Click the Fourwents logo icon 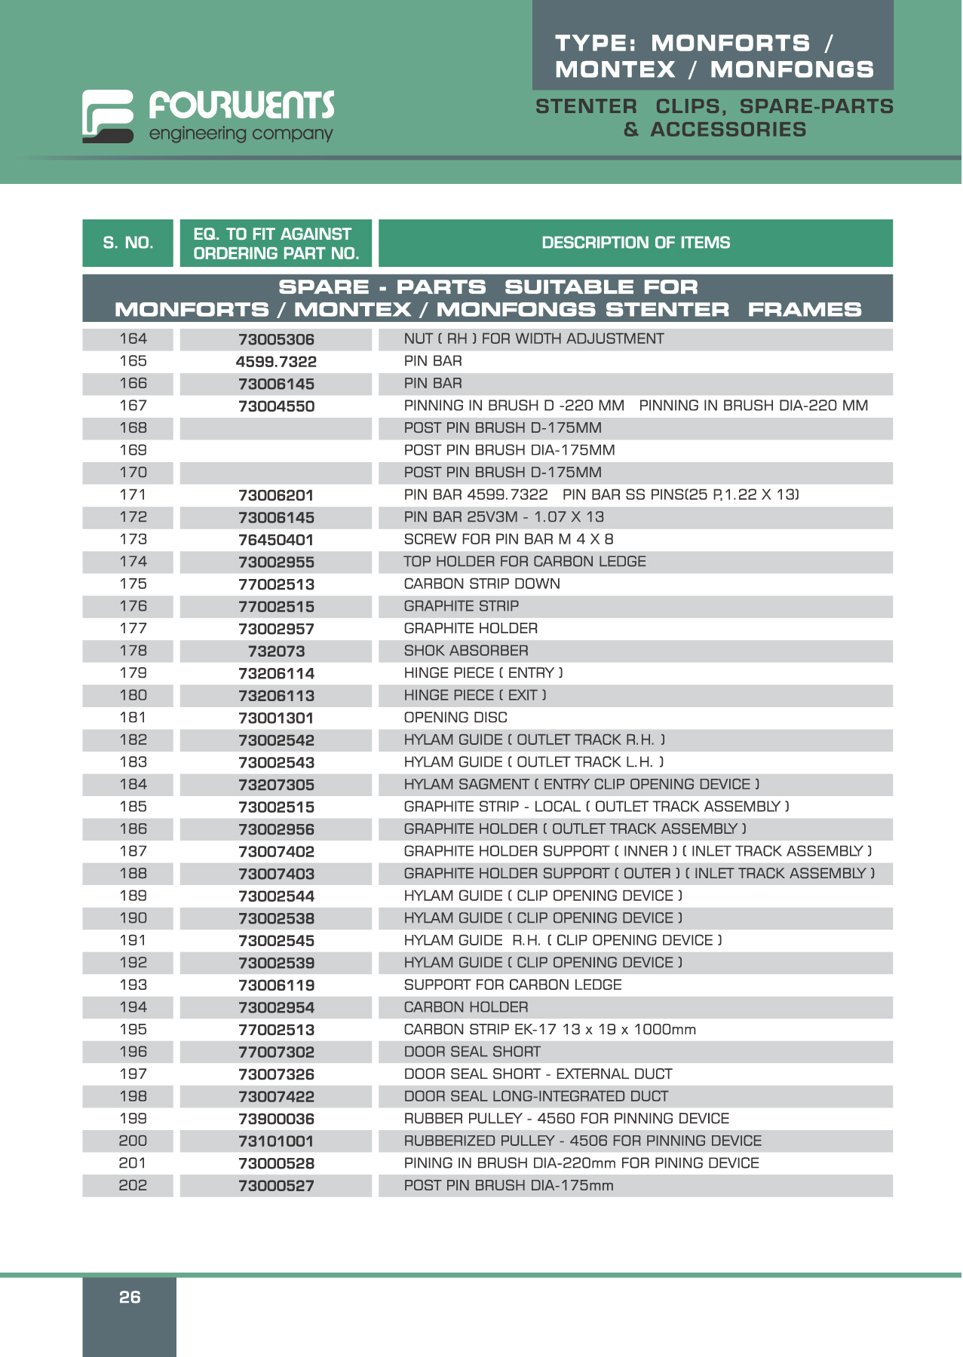tap(108, 116)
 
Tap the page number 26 tap(130, 1297)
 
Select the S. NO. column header tap(128, 243)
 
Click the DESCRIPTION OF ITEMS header tap(636, 243)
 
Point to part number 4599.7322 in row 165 tap(276, 362)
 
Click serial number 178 tap(133, 651)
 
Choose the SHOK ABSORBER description tap(466, 651)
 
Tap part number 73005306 tap(276, 340)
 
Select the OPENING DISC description tap(455, 718)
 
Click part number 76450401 tap(276, 540)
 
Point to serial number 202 tap(133, 1185)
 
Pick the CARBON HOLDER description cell tap(466, 1007)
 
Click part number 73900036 tap(276, 1120)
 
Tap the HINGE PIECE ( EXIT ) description tap(475, 695)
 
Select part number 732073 tap(276, 651)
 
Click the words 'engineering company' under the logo tap(241, 134)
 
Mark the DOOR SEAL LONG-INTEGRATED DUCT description tap(535, 1096)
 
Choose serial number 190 tap(133, 918)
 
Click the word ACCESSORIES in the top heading tap(728, 130)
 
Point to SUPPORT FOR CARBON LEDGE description tap(513, 985)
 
